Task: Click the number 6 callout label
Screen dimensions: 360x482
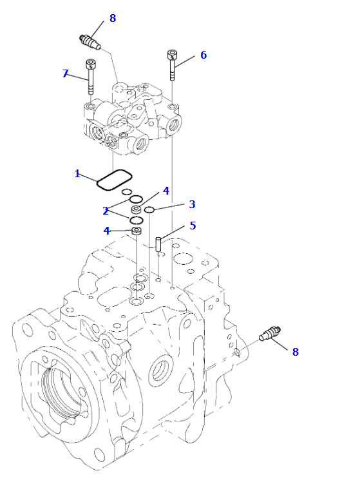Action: pos(204,55)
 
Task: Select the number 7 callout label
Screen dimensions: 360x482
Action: pos(65,73)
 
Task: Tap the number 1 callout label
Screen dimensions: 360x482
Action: pos(77,174)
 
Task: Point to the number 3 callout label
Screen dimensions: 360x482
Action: pos(192,204)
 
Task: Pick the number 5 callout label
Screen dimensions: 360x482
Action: pos(193,226)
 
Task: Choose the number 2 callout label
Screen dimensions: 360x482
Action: pos(106,211)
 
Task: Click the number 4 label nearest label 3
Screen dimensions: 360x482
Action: pos(166,191)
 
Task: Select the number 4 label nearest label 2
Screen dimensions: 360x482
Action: pos(106,231)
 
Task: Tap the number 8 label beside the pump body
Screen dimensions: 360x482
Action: pos(295,352)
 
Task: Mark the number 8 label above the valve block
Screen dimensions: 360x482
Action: pos(113,18)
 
